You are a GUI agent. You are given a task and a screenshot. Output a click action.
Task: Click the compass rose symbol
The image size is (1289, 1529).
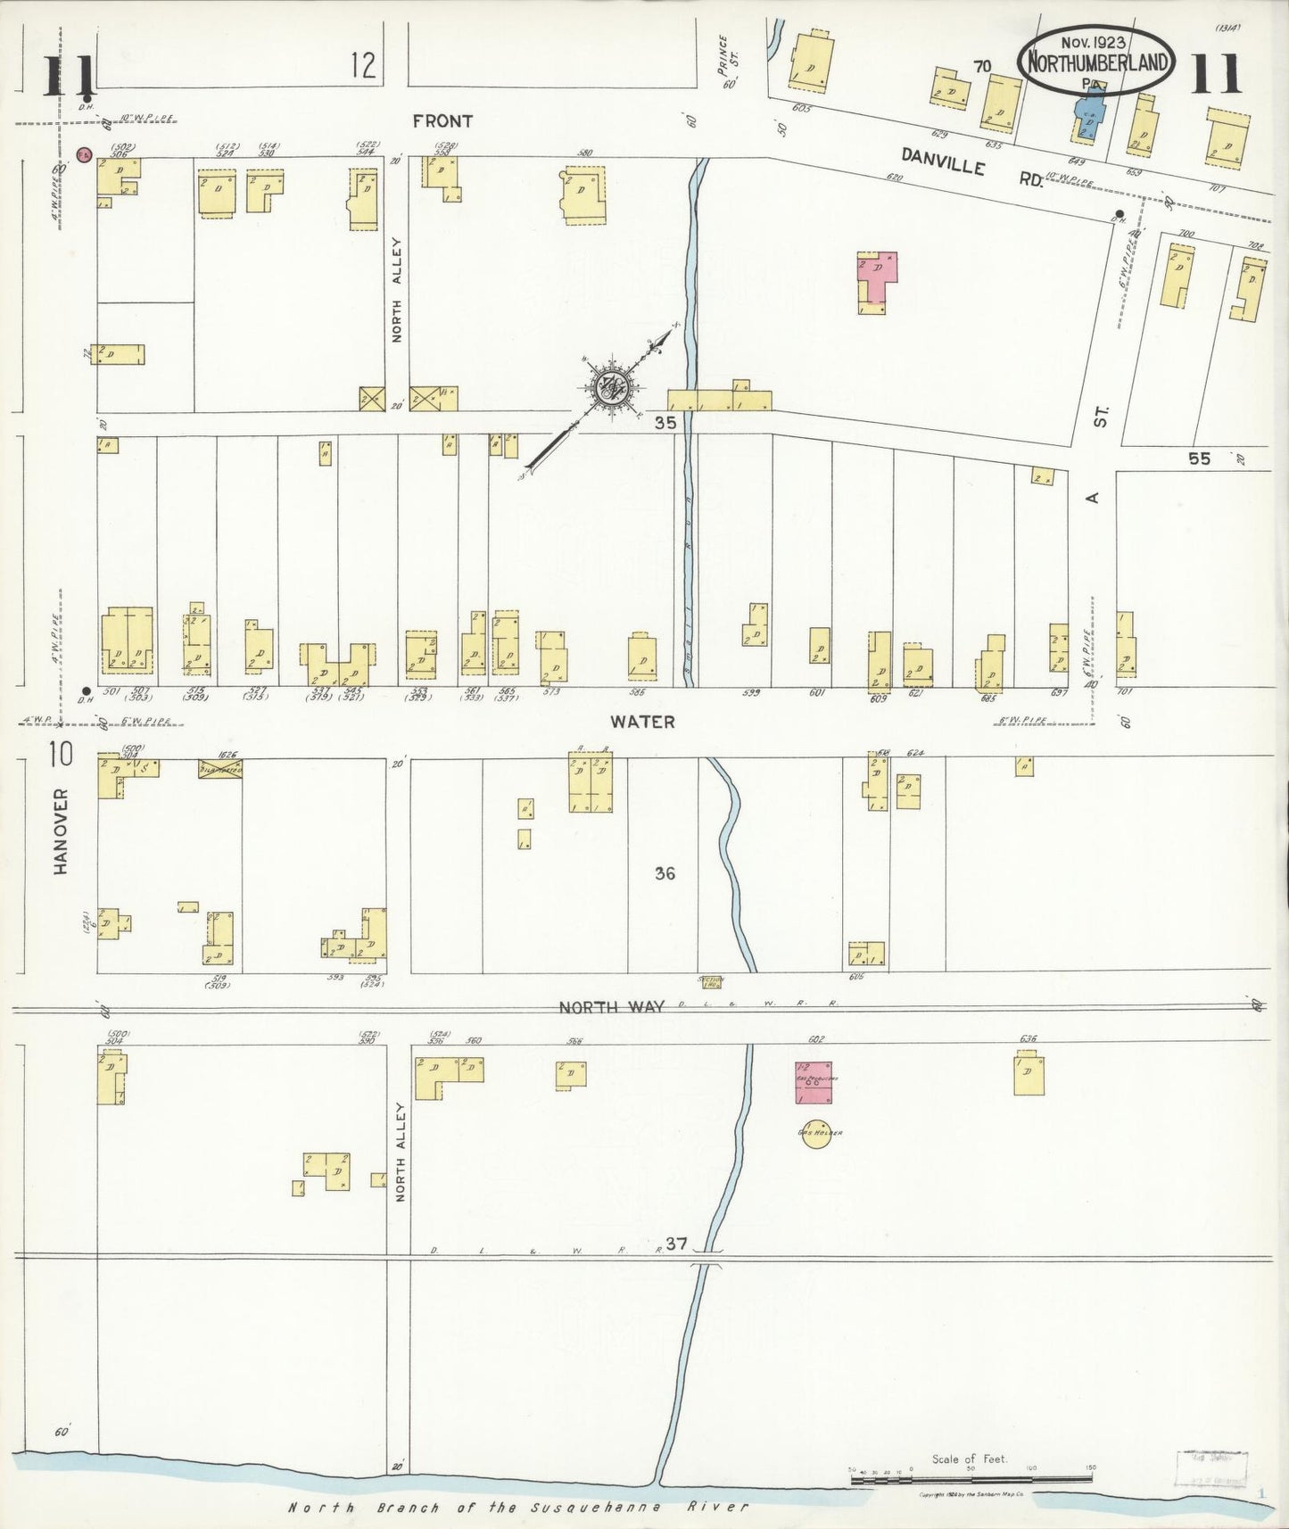point(612,387)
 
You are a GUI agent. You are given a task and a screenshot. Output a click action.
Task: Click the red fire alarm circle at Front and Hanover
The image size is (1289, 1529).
point(84,154)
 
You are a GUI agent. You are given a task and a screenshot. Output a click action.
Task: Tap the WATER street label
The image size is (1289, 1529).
point(642,722)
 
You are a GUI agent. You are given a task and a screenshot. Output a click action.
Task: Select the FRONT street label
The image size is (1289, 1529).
point(442,120)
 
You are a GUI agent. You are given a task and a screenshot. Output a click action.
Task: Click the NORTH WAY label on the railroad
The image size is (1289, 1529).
point(611,1007)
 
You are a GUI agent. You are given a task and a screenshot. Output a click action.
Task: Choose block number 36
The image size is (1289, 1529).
point(665,873)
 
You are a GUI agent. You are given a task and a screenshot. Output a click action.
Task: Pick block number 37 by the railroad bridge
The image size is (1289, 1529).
point(676,1244)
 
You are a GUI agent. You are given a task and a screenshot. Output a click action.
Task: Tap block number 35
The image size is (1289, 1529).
point(665,424)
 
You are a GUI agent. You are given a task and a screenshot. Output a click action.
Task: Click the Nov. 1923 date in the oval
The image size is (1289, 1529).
point(1093,42)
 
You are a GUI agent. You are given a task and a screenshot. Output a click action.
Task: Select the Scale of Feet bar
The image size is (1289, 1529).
point(972,1480)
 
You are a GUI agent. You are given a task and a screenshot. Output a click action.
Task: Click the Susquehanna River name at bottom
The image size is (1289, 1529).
point(517,1507)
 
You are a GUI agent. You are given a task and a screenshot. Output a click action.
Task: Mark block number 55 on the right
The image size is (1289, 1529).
point(1199,459)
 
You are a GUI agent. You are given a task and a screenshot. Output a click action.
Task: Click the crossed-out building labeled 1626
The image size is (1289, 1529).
point(220,769)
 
